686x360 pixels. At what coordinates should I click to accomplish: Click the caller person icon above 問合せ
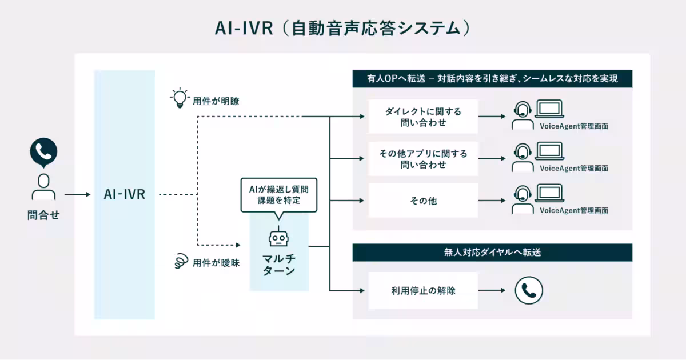tap(43, 186)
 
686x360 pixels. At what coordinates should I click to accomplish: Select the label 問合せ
tap(43, 216)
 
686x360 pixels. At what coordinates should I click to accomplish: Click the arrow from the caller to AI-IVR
tap(77, 195)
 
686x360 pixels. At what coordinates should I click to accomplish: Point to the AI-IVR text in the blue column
tap(125, 194)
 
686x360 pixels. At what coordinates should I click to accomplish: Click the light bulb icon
tap(180, 98)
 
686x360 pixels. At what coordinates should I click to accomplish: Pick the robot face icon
tap(278, 238)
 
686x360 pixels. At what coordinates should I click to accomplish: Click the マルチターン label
tap(278, 265)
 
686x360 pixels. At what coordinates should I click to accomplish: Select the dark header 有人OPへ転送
tap(492, 79)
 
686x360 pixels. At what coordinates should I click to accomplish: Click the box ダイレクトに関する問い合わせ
tap(422, 117)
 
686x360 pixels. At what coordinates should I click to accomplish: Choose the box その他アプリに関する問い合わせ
tap(422, 159)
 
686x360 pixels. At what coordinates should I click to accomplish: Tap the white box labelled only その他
tap(422, 201)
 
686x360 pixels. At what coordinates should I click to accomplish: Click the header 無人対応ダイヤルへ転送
tap(492, 253)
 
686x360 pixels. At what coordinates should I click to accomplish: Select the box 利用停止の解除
tap(422, 290)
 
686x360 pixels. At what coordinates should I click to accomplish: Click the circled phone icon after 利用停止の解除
tap(528, 290)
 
